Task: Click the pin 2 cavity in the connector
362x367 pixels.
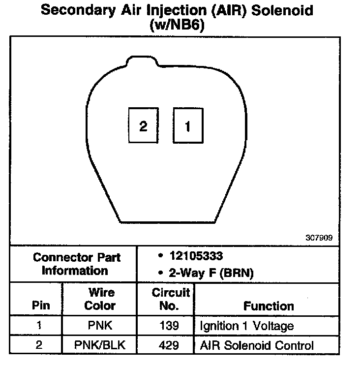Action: [x=143, y=126]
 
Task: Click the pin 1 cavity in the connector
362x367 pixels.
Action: [x=187, y=126]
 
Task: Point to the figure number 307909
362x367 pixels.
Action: [x=319, y=238]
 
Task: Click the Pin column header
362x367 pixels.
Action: [x=40, y=306]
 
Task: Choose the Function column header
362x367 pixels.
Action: [x=269, y=306]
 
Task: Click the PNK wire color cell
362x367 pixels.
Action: [x=100, y=326]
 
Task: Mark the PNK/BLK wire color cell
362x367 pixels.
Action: [x=100, y=345]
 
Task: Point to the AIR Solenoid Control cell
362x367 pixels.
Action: [x=256, y=345]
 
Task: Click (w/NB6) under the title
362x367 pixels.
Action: [x=177, y=25]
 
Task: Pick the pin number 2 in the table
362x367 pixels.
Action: [x=39, y=345]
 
